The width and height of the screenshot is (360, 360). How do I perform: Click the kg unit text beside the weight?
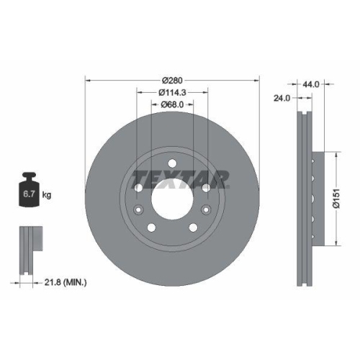(46, 194)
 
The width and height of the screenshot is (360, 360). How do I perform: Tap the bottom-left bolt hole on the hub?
(151, 226)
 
